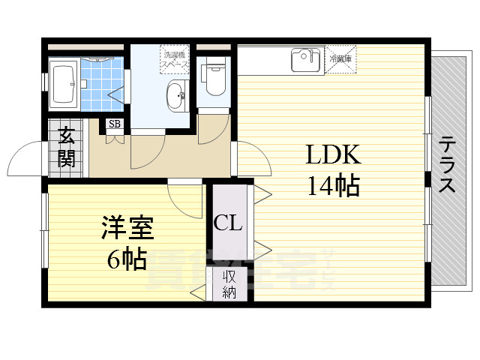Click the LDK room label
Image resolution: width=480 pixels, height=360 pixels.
coord(333,155)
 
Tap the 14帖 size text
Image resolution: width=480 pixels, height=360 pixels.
coord(333,184)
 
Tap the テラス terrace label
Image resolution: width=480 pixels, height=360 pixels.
coord(447,165)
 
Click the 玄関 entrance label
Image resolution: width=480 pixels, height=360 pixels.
coord(66,148)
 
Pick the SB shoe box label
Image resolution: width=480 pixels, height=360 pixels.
coord(115,124)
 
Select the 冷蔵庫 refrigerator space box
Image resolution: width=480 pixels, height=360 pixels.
coord(340,58)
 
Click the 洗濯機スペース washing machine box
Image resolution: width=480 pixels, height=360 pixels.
coord(173,60)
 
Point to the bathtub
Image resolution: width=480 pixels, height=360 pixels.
coord(63,85)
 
